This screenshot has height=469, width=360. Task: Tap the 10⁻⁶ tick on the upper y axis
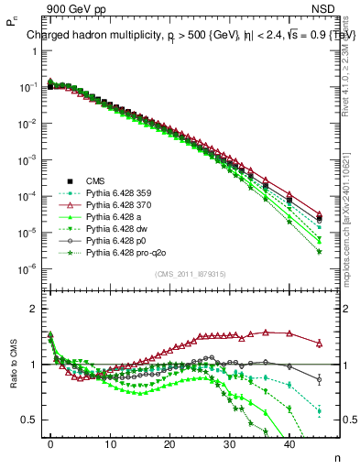tap(32, 268)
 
